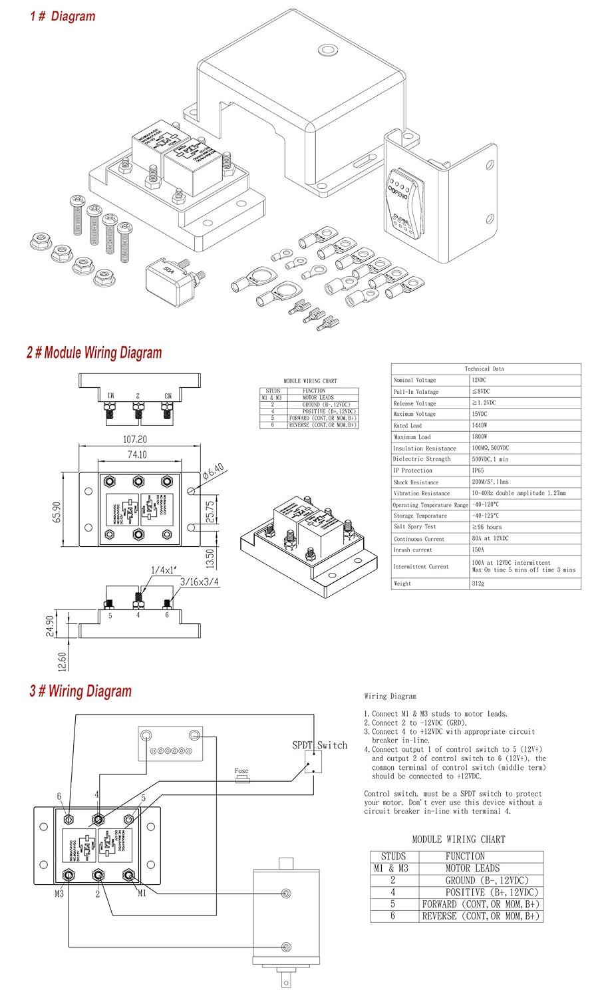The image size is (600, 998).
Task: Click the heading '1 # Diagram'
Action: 63,16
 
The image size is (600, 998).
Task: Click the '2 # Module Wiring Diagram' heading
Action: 94,353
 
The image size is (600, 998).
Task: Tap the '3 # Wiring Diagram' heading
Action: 80,691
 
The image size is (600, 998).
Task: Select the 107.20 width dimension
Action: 134,440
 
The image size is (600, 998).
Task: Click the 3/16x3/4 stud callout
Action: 200,583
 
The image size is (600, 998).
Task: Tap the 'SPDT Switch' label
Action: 320,745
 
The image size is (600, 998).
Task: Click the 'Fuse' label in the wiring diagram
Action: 241,772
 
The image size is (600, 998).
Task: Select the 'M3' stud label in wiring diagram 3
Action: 60,894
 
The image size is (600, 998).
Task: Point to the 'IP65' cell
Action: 479,470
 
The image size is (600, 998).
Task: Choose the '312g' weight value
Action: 479,583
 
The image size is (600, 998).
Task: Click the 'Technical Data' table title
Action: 485,369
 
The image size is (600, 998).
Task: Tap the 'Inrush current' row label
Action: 412,550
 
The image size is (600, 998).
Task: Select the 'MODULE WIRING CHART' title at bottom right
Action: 458,840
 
